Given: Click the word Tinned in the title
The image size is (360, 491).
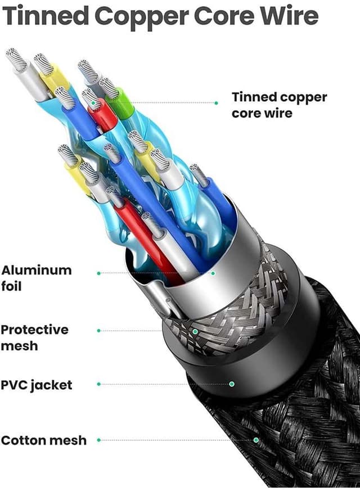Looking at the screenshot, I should [46, 16].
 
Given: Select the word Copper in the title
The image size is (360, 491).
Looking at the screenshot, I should [142, 16].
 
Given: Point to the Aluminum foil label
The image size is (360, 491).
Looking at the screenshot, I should [37, 277].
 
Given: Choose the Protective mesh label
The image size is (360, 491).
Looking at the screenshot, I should [35, 337].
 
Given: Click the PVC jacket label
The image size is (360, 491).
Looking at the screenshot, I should [37, 385].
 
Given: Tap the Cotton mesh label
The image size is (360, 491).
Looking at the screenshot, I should [44, 440].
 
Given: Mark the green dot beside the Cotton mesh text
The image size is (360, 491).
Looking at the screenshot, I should [99, 440].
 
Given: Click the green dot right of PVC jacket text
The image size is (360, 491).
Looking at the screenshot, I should [99, 384].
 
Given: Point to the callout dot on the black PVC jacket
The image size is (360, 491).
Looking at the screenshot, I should [231, 384].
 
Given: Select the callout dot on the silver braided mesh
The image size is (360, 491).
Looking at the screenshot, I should [195, 331].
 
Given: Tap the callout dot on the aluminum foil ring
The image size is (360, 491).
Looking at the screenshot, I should [213, 273].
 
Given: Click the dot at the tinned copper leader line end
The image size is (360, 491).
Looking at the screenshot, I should [217, 103].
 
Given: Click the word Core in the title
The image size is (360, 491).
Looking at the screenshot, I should [220, 16].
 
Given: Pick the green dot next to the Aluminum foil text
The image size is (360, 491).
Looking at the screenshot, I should [99, 273].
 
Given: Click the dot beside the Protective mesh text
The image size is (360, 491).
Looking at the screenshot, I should [99, 331].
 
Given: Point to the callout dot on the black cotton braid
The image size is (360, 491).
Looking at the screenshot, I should [256, 440].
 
